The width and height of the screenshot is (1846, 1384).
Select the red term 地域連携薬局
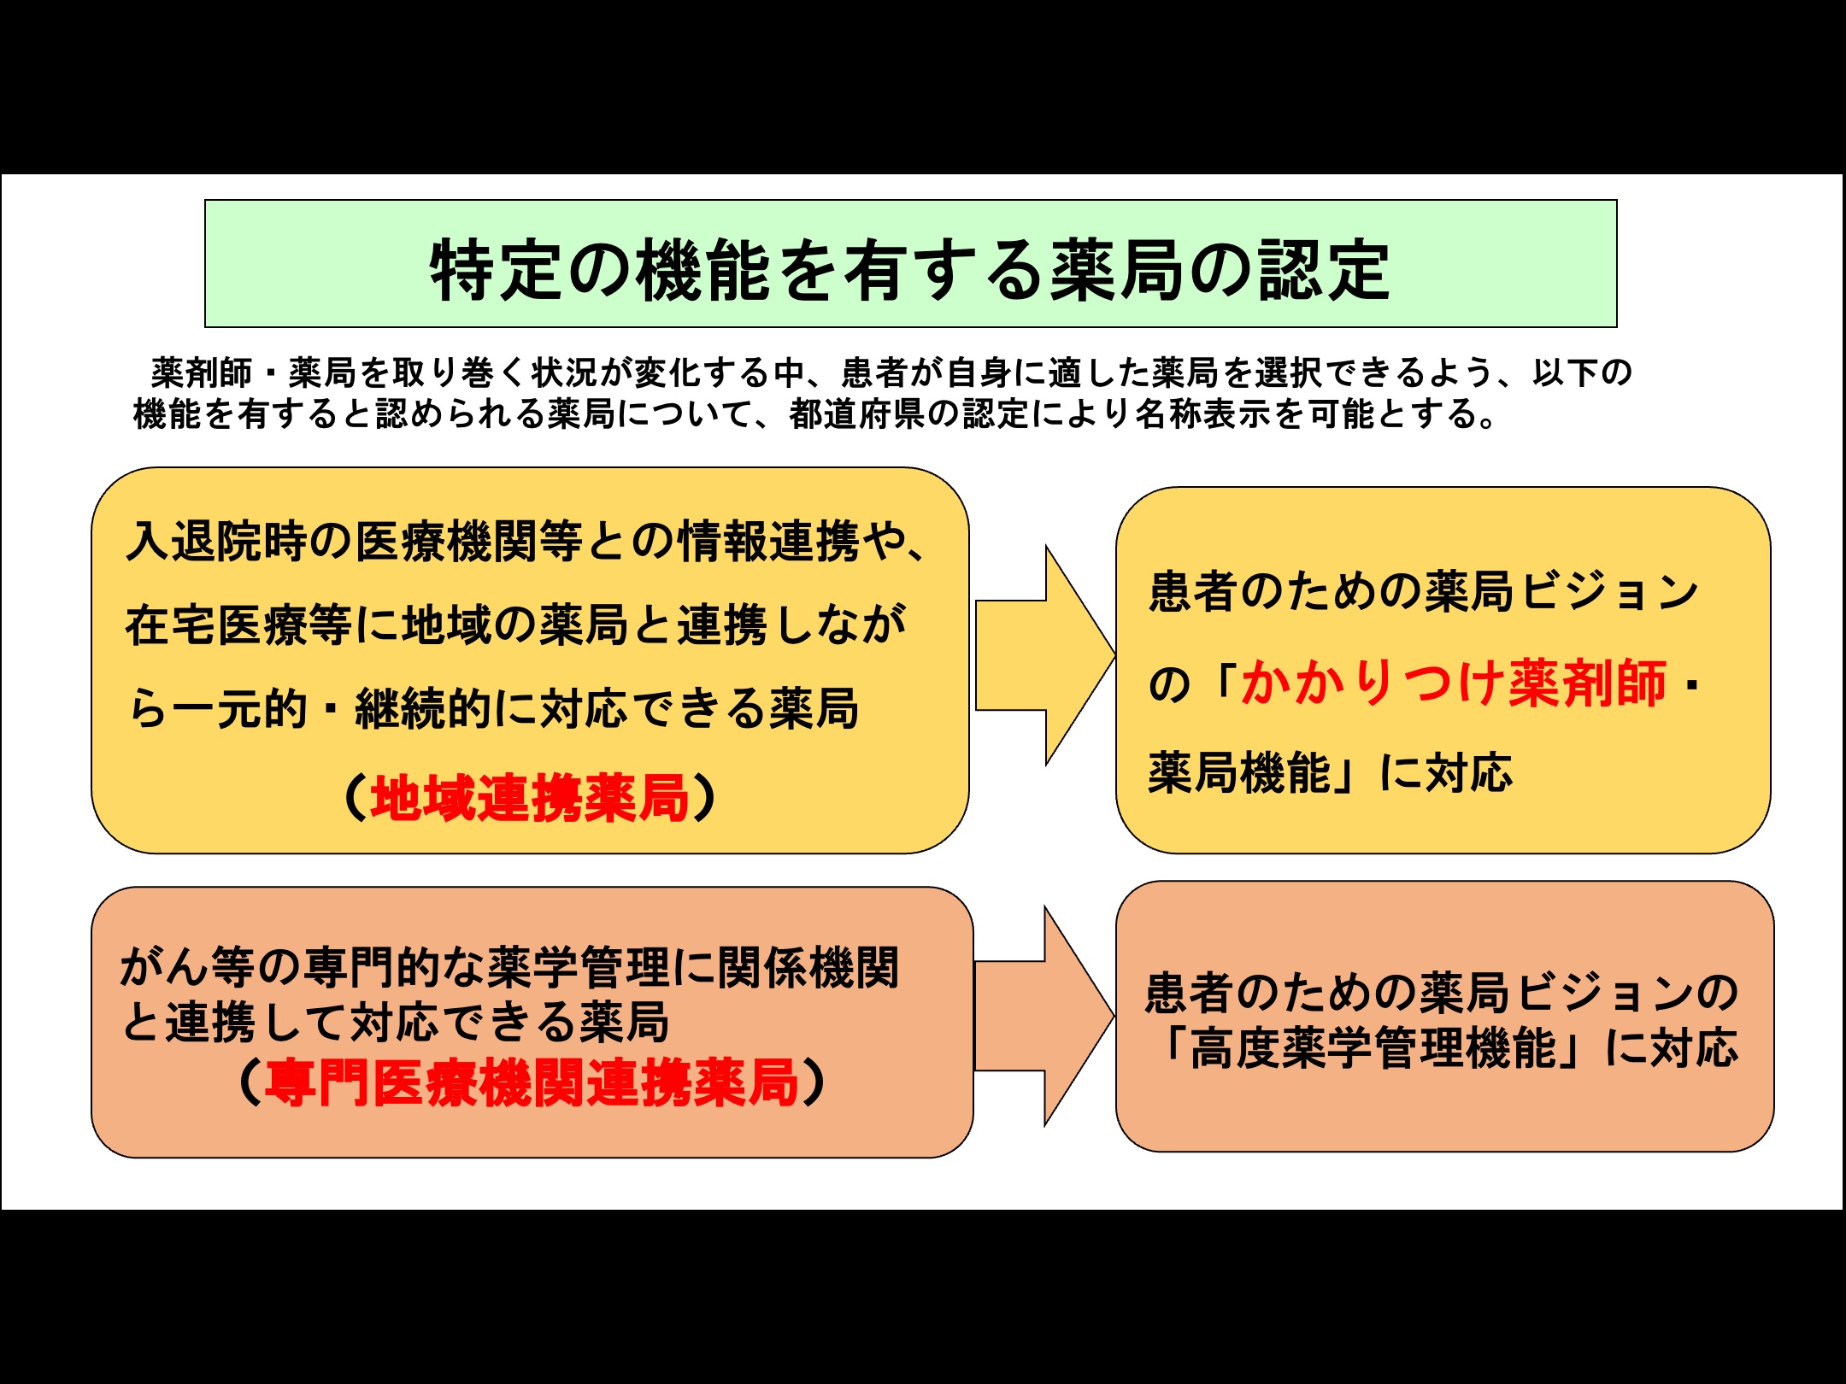(x=530, y=798)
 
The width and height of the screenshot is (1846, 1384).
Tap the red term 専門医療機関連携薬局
(x=532, y=1082)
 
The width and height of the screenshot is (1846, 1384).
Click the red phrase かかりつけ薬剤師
(x=1454, y=683)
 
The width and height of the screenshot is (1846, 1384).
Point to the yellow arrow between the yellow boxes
(x=1045, y=655)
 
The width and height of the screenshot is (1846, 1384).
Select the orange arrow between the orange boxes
(x=1044, y=1016)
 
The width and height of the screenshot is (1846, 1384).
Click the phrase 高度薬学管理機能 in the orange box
(x=1373, y=1047)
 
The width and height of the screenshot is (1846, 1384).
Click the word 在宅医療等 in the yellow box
(x=238, y=625)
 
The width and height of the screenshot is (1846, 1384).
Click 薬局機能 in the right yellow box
(x=1240, y=772)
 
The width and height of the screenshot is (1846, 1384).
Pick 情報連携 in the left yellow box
(x=769, y=541)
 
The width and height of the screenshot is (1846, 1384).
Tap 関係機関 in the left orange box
(x=808, y=967)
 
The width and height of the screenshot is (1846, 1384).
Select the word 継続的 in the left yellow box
(x=424, y=708)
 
